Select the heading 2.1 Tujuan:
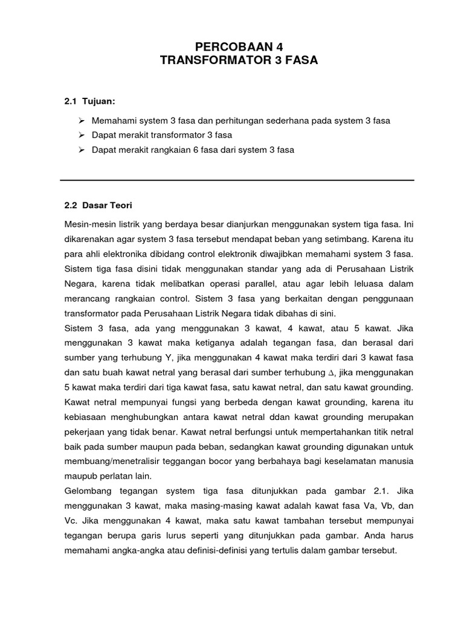click(x=89, y=101)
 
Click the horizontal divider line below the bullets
click(x=237, y=180)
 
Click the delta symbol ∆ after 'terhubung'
click(x=330, y=373)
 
